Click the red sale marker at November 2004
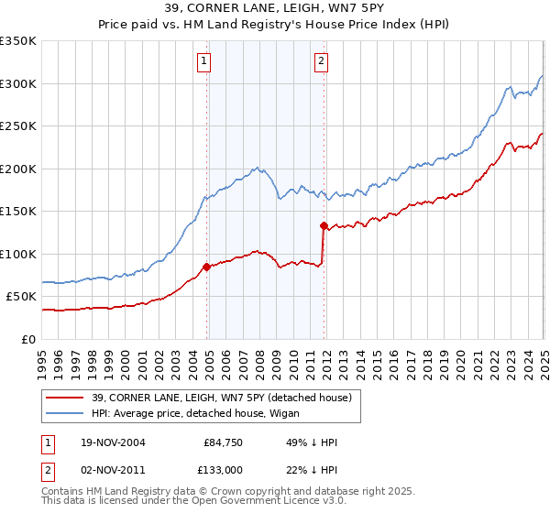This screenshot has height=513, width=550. (206, 267)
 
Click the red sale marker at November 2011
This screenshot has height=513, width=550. (324, 225)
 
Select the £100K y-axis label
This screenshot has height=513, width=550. (18, 254)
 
